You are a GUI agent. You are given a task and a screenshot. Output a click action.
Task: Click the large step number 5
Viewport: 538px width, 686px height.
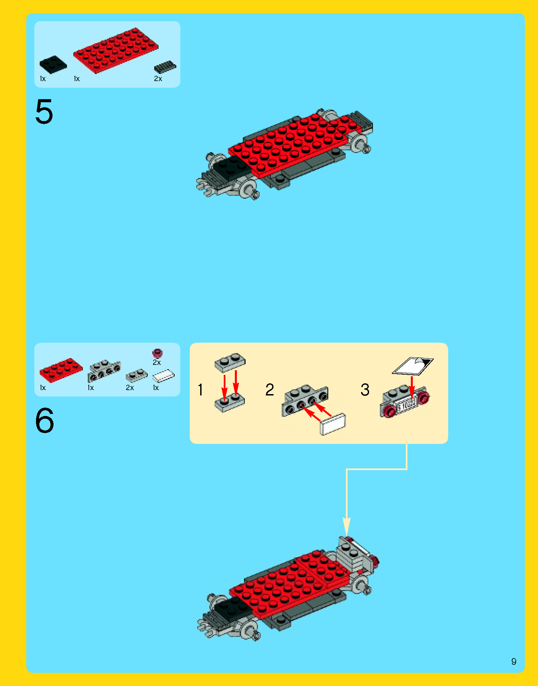tap(44, 112)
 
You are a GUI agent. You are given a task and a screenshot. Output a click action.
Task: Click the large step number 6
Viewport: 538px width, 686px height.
tap(44, 420)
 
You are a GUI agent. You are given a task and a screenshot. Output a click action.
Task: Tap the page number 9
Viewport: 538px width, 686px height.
tap(514, 661)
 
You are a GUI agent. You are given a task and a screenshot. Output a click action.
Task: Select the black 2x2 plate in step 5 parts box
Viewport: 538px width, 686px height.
tap(53, 65)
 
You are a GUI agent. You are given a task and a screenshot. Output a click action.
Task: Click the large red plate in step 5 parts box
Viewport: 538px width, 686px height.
tap(115, 50)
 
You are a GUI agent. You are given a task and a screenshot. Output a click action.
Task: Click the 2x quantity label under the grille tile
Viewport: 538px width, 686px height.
tap(158, 79)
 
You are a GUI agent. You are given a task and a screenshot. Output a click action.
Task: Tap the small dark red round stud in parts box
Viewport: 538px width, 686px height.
tap(157, 353)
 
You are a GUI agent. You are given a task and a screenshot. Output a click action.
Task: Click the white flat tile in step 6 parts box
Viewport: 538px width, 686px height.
tap(164, 376)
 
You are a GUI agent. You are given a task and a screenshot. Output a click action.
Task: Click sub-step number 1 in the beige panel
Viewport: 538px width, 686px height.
tap(201, 390)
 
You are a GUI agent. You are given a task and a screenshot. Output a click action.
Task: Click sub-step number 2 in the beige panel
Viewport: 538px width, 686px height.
tap(270, 390)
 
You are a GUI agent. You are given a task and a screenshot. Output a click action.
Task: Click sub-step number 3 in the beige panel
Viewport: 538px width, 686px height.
tap(365, 390)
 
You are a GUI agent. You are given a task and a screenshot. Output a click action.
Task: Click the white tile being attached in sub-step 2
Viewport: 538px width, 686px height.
tap(333, 424)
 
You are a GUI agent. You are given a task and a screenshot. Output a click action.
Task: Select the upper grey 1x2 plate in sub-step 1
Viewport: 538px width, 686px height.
tap(230, 363)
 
